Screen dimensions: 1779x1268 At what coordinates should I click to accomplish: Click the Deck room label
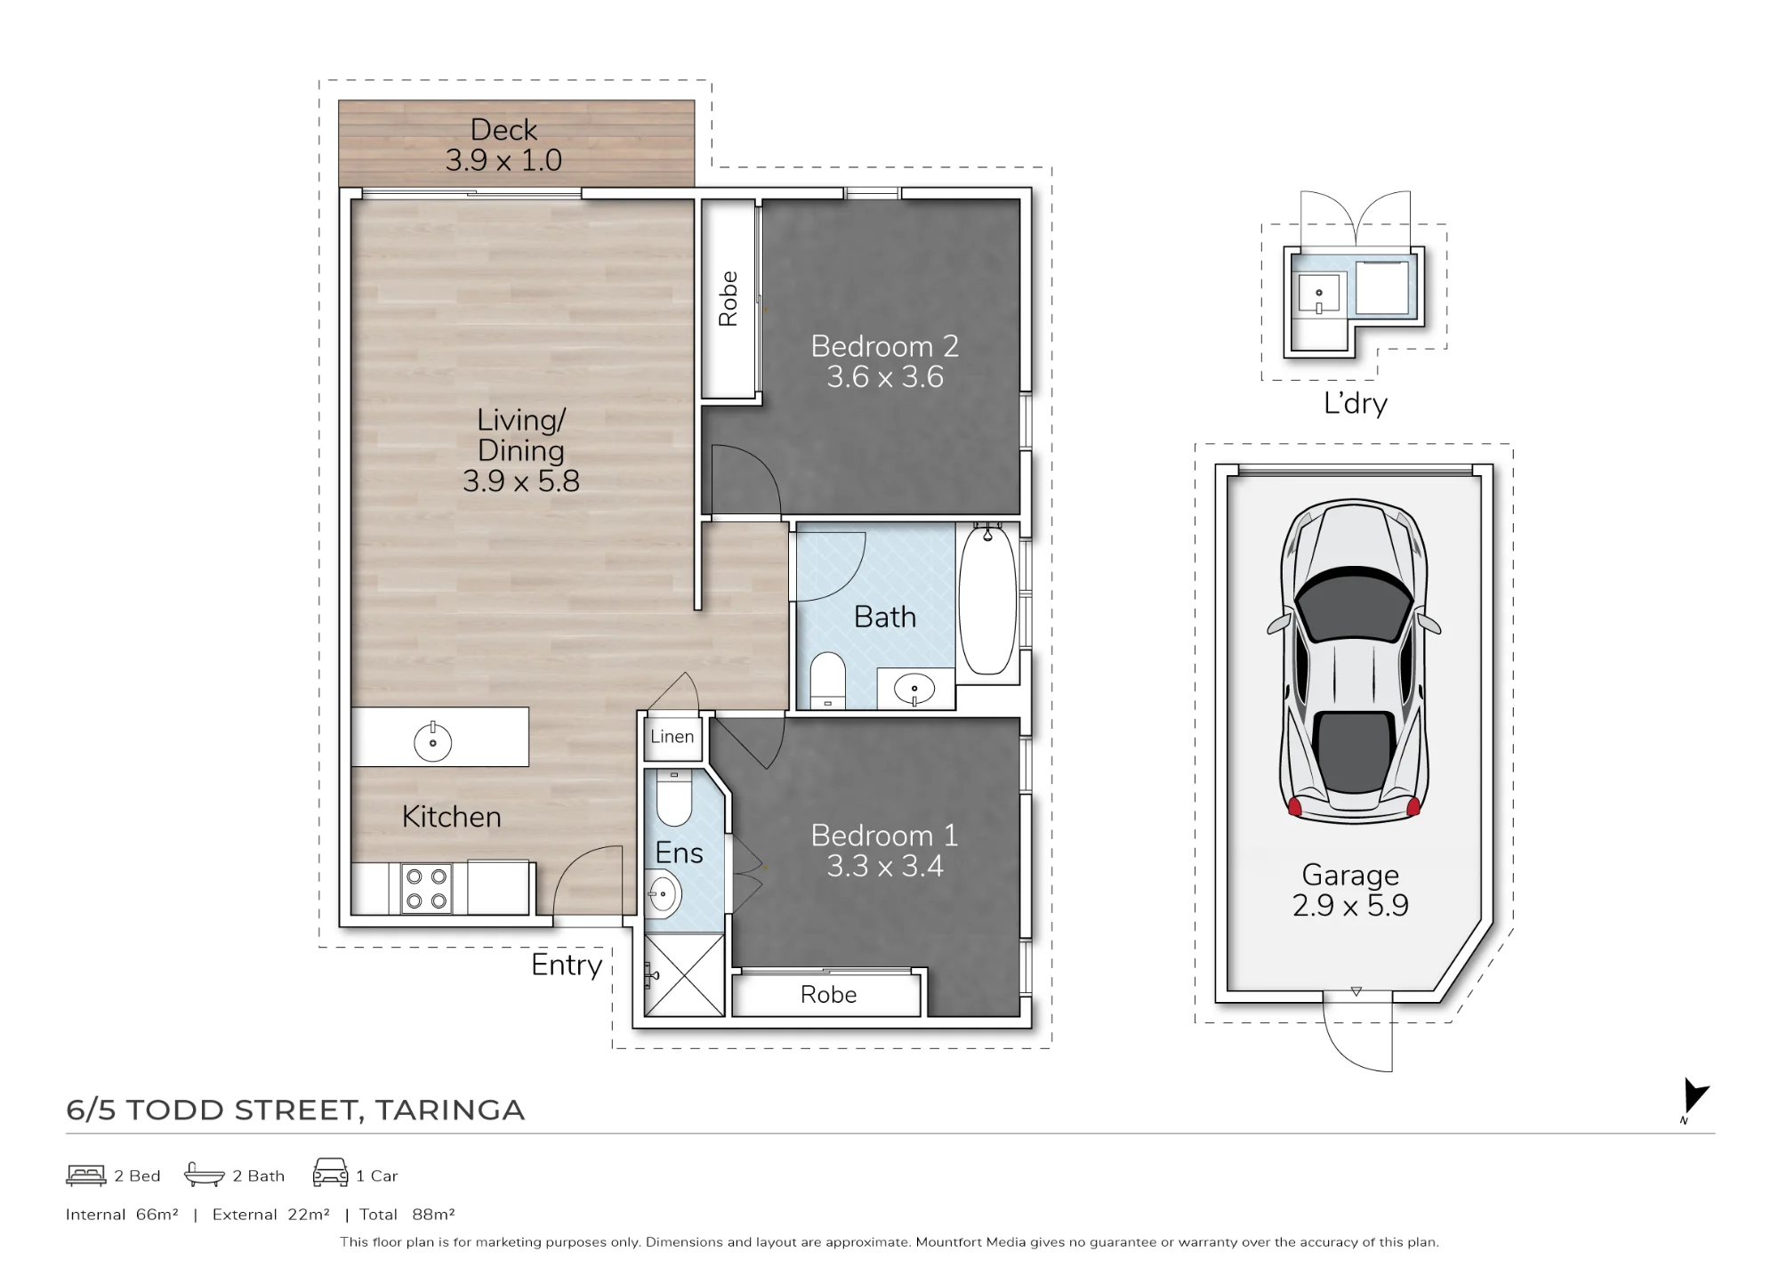pyautogui.click(x=503, y=130)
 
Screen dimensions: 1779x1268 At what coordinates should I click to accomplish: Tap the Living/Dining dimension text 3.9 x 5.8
pyautogui.click(x=521, y=481)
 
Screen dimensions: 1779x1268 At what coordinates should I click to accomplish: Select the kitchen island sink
pyautogui.click(x=433, y=741)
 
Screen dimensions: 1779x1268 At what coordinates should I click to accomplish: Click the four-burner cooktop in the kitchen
pyautogui.click(x=426, y=888)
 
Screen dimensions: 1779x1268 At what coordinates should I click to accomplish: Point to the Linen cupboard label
pyautogui.click(x=672, y=737)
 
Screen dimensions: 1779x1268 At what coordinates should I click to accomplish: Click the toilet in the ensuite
pyautogui.click(x=673, y=797)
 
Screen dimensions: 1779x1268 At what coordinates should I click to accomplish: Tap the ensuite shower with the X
pyautogui.click(x=684, y=974)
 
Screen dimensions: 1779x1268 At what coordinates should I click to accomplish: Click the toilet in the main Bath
pyautogui.click(x=828, y=681)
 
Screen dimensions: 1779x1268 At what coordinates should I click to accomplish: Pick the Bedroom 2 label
pyautogui.click(x=885, y=346)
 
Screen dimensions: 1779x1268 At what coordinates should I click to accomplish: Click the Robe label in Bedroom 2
pyautogui.click(x=729, y=299)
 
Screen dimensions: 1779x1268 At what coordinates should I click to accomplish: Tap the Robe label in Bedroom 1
pyautogui.click(x=828, y=995)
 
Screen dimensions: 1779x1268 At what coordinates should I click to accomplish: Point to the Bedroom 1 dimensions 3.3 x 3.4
pyautogui.click(x=885, y=867)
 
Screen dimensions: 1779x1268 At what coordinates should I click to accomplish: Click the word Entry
pyautogui.click(x=567, y=965)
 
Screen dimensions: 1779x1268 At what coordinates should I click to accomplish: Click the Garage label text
pyautogui.click(x=1350, y=876)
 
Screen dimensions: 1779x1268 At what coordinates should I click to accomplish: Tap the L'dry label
pyautogui.click(x=1356, y=403)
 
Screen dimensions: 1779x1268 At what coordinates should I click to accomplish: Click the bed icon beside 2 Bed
pyautogui.click(x=86, y=1175)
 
